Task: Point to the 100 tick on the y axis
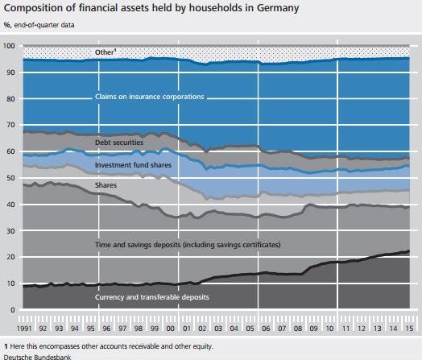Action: pyautogui.click(x=9, y=47)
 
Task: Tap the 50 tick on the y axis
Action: pyautogui.click(x=10, y=178)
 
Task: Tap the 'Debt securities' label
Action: pyautogui.click(x=119, y=142)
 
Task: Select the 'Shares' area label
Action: pyautogui.click(x=106, y=185)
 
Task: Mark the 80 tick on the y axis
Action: pyautogui.click(x=10, y=99)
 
